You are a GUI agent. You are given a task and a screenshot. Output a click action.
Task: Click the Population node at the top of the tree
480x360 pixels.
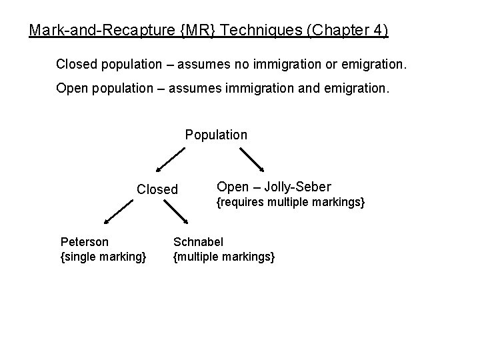[216, 135]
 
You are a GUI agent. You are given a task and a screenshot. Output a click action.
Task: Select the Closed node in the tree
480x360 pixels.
[157, 189]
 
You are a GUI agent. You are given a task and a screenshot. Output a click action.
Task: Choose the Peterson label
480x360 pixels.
[85, 241]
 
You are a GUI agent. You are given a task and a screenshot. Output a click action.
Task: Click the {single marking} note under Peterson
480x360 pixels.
[103, 256]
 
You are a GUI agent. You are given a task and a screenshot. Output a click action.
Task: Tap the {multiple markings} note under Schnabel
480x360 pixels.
[223, 256]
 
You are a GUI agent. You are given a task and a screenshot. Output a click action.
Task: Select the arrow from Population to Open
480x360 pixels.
[252, 160]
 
